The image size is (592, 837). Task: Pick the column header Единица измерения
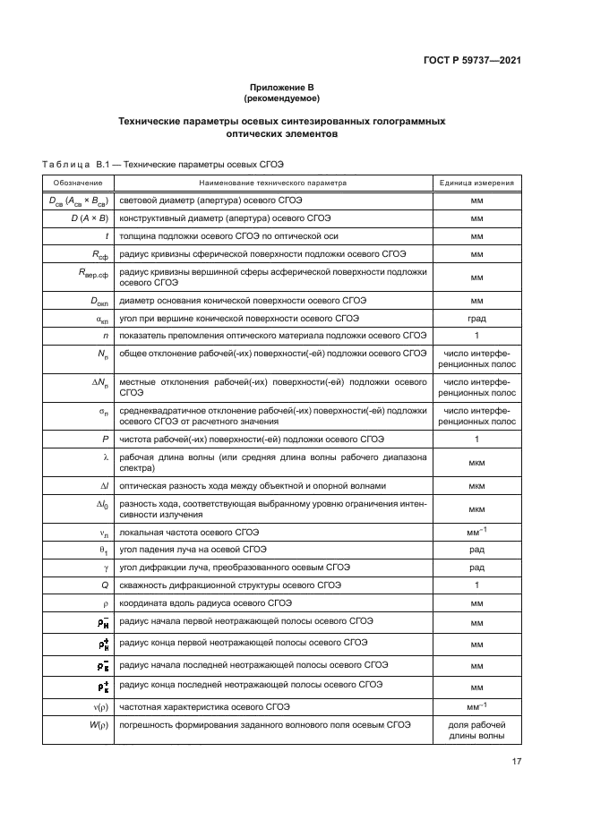(476, 183)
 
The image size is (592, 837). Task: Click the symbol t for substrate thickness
(107, 236)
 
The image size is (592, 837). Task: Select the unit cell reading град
(476, 318)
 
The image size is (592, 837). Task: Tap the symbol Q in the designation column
(105, 585)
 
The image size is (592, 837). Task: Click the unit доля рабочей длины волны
(476, 730)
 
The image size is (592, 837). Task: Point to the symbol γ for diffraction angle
(106, 568)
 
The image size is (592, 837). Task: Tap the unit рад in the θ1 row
(476, 550)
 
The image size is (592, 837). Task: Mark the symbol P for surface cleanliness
(106, 439)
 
